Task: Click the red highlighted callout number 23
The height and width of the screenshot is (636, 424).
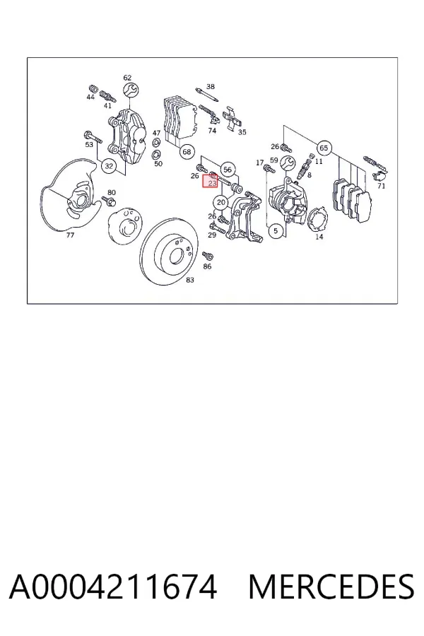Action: coord(212,183)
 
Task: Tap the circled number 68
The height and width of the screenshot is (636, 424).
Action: coord(187,152)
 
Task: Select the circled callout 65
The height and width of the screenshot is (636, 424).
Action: coord(324,148)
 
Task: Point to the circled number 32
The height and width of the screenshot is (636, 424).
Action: coord(109,166)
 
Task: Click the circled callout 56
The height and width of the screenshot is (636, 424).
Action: coord(228,170)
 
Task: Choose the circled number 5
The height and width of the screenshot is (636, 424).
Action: coord(276,231)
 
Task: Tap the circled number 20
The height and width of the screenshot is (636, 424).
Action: coord(220,202)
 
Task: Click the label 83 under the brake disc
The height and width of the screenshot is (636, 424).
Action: coord(190,280)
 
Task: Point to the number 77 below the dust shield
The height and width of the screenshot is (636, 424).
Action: coord(70,235)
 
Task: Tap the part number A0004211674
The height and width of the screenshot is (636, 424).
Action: coord(113,587)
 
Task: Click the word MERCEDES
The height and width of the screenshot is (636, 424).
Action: coord(331,587)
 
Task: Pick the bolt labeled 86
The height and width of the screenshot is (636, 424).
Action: coord(208,256)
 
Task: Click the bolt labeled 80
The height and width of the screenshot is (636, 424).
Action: coord(109,201)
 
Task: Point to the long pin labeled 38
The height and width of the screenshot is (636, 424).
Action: coord(206,94)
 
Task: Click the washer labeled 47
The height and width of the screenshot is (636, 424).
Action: coord(155,143)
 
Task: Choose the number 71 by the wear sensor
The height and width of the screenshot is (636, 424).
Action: coord(381,186)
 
